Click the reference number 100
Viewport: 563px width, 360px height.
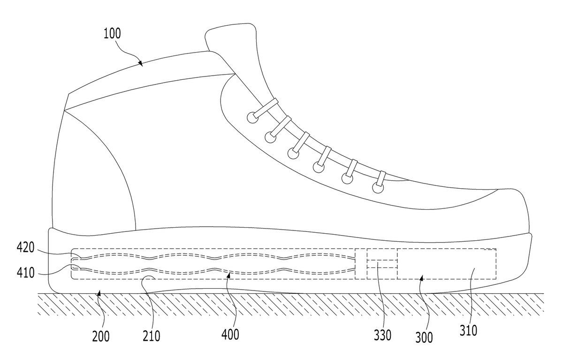tap(112, 33)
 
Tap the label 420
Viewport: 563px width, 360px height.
tap(25, 248)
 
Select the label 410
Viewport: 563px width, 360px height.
tap(25, 273)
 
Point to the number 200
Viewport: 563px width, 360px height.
tap(101, 337)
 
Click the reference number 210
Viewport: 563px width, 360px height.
tap(151, 336)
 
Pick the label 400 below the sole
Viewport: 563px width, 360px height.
tap(230, 335)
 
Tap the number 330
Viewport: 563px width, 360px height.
tap(382, 335)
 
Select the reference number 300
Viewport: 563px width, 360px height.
tap(424, 337)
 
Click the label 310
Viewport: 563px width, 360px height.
tap(469, 330)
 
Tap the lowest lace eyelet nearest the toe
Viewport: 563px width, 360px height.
tap(378, 188)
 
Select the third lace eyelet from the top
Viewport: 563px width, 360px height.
tap(293, 153)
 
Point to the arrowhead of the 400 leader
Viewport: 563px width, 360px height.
tap(228, 276)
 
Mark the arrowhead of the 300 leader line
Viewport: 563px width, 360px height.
tap(421, 277)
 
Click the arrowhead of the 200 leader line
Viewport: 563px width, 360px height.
tap(99, 292)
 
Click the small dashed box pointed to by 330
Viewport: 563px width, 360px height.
tap(382, 264)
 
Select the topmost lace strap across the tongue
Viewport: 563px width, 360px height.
tap(266, 108)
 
